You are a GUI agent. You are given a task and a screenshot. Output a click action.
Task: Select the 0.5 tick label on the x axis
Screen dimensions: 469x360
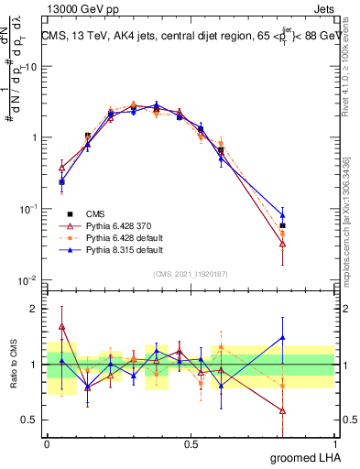(191, 442)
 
